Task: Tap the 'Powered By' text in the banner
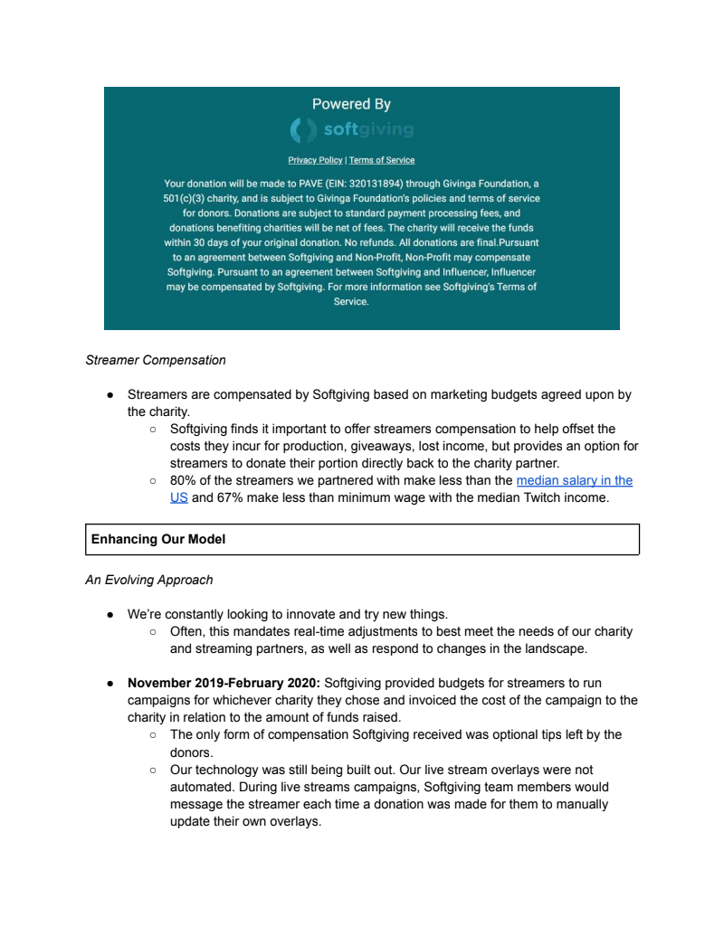(x=351, y=104)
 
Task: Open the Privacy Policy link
(x=315, y=160)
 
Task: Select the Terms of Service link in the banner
(x=382, y=160)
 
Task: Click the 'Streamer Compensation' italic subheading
(x=156, y=360)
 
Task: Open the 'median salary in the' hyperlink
(x=574, y=480)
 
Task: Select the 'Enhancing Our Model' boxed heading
(x=158, y=539)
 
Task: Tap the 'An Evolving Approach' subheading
(x=149, y=580)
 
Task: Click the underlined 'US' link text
(x=178, y=497)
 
